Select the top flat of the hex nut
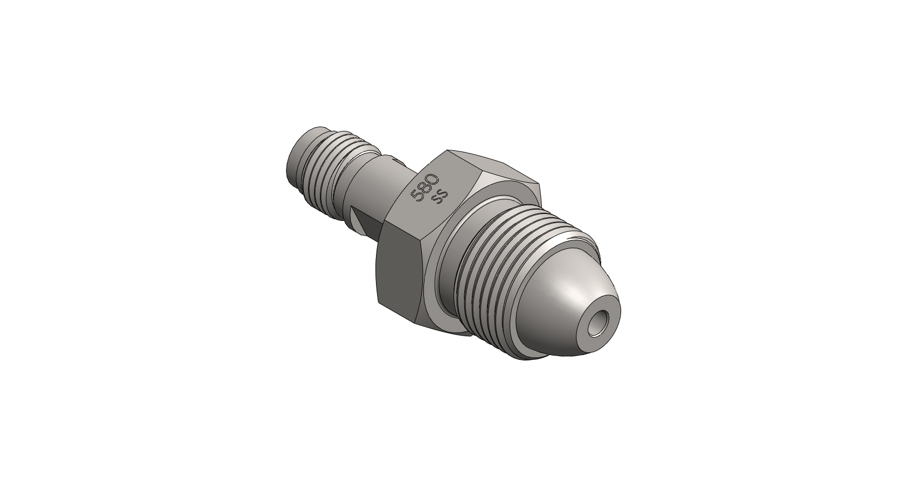(x=485, y=164)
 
